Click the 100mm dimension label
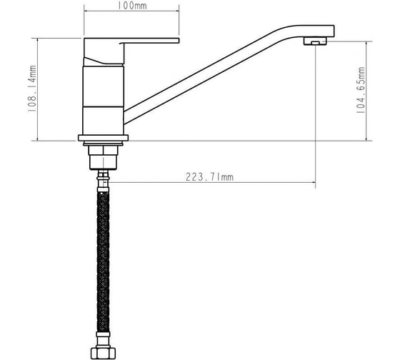coord(132,6)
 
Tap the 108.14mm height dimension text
coord(32,89)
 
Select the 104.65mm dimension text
coord(360,90)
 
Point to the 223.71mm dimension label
coord(209,177)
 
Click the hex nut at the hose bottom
coord(103,353)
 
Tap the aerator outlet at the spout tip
coord(315,41)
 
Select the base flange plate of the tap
coord(103,138)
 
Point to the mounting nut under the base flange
coord(103,157)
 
